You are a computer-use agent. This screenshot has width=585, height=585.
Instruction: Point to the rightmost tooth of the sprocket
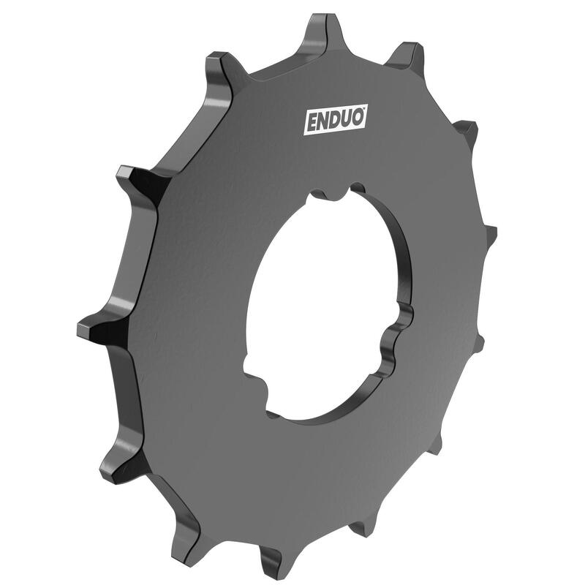(489, 235)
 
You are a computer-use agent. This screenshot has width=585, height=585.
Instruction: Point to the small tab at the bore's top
(333, 193)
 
